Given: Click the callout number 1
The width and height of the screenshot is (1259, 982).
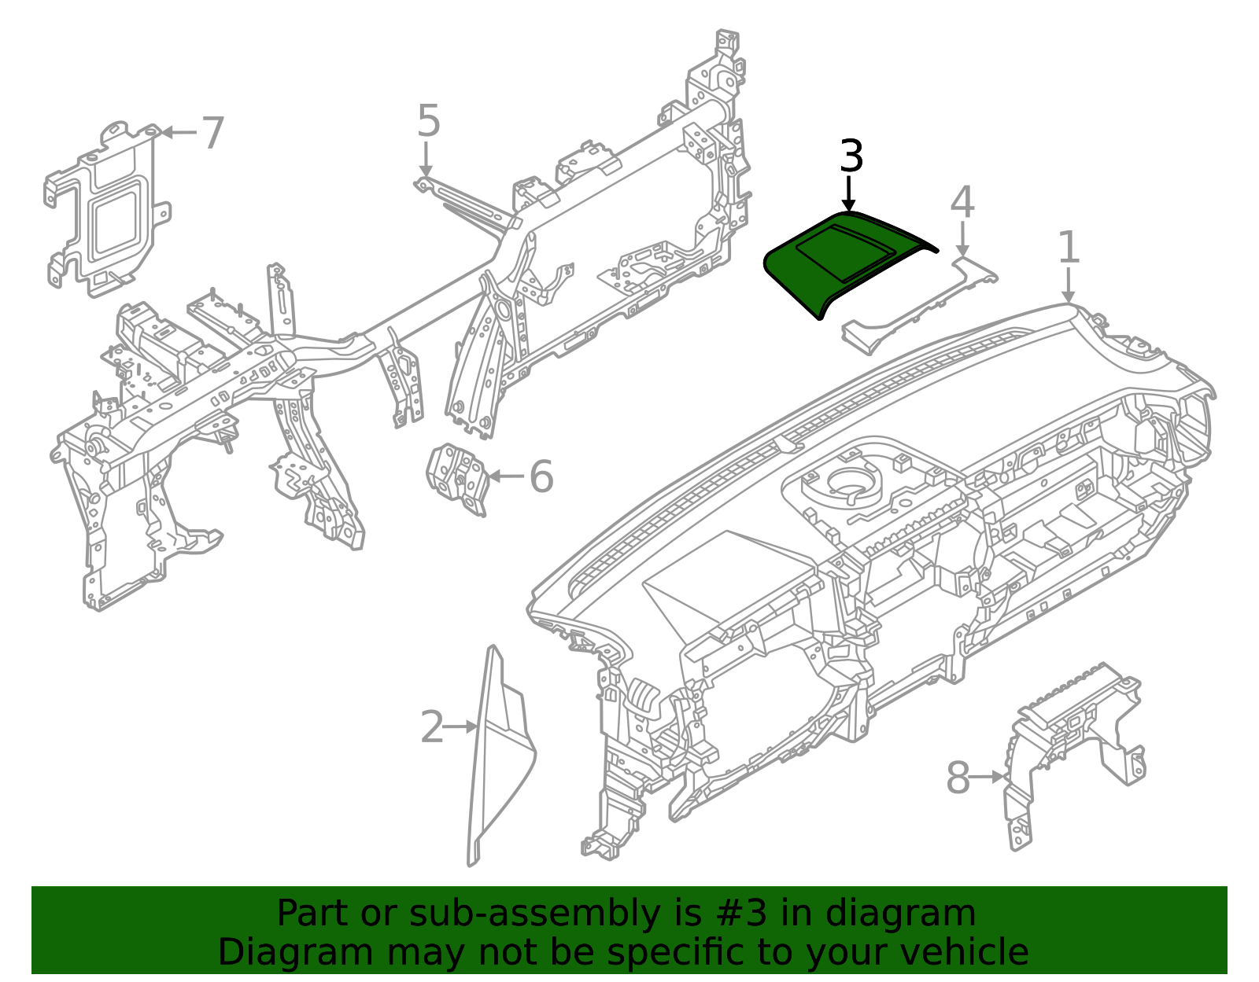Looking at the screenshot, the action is point(1069,247).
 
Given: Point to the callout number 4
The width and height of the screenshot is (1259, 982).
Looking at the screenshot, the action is point(962,202).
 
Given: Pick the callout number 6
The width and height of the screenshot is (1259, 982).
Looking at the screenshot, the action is point(541,476).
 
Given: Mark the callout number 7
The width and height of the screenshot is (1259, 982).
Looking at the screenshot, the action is point(212,133).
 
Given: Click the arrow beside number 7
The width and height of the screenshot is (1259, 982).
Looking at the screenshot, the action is point(179,133).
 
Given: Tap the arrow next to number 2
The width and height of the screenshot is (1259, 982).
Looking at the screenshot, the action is point(460,726).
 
